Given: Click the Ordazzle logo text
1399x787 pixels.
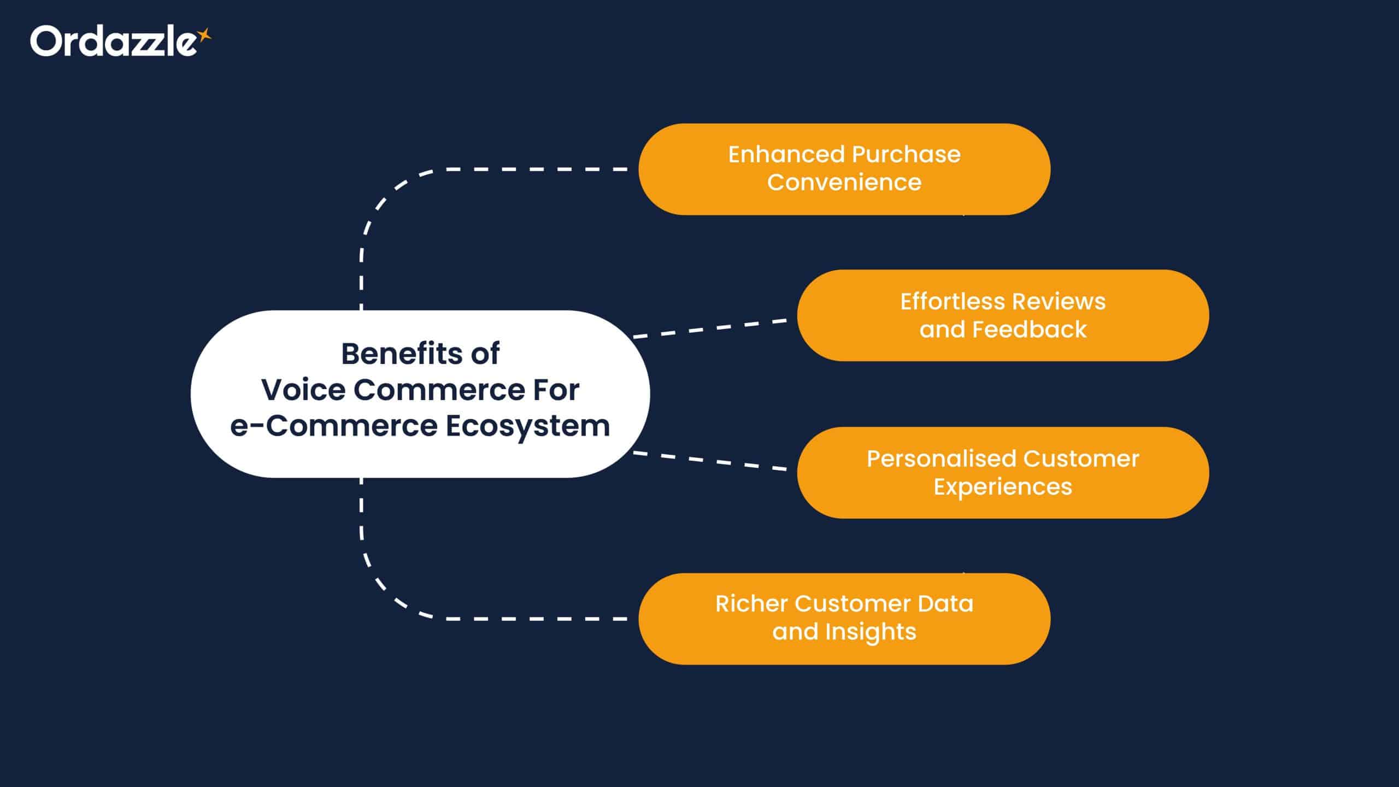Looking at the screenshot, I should click(x=112, y=42).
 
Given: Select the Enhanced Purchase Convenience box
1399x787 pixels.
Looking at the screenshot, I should click(x=844, y=169).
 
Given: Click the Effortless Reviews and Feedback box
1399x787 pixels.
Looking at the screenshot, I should click(x=1003, y=315).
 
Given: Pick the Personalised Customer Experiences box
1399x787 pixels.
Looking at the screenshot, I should click(x=1003, y=473).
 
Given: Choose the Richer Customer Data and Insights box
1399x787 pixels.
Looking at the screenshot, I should click(x=844, y=619).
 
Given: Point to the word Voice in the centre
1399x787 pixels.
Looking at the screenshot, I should click(x=303, y=390).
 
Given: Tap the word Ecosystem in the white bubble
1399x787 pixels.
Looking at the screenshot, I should click(x=527, y=426).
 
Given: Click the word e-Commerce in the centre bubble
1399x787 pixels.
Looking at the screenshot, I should click(x=333, y=426).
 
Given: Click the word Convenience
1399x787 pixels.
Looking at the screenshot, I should click(x=844, y=183).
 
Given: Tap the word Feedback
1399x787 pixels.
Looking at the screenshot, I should click(x=1030, y=330).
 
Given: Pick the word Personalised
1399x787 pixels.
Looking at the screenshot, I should click(x=940, y=459).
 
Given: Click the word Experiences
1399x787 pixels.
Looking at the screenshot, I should click(x=1003, y=487).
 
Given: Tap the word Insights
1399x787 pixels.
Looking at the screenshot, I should click(x=871, y=632).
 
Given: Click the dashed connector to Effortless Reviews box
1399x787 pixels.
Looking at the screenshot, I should click(x=710, y=328).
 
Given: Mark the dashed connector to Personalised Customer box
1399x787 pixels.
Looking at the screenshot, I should click(x=710, y=461).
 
